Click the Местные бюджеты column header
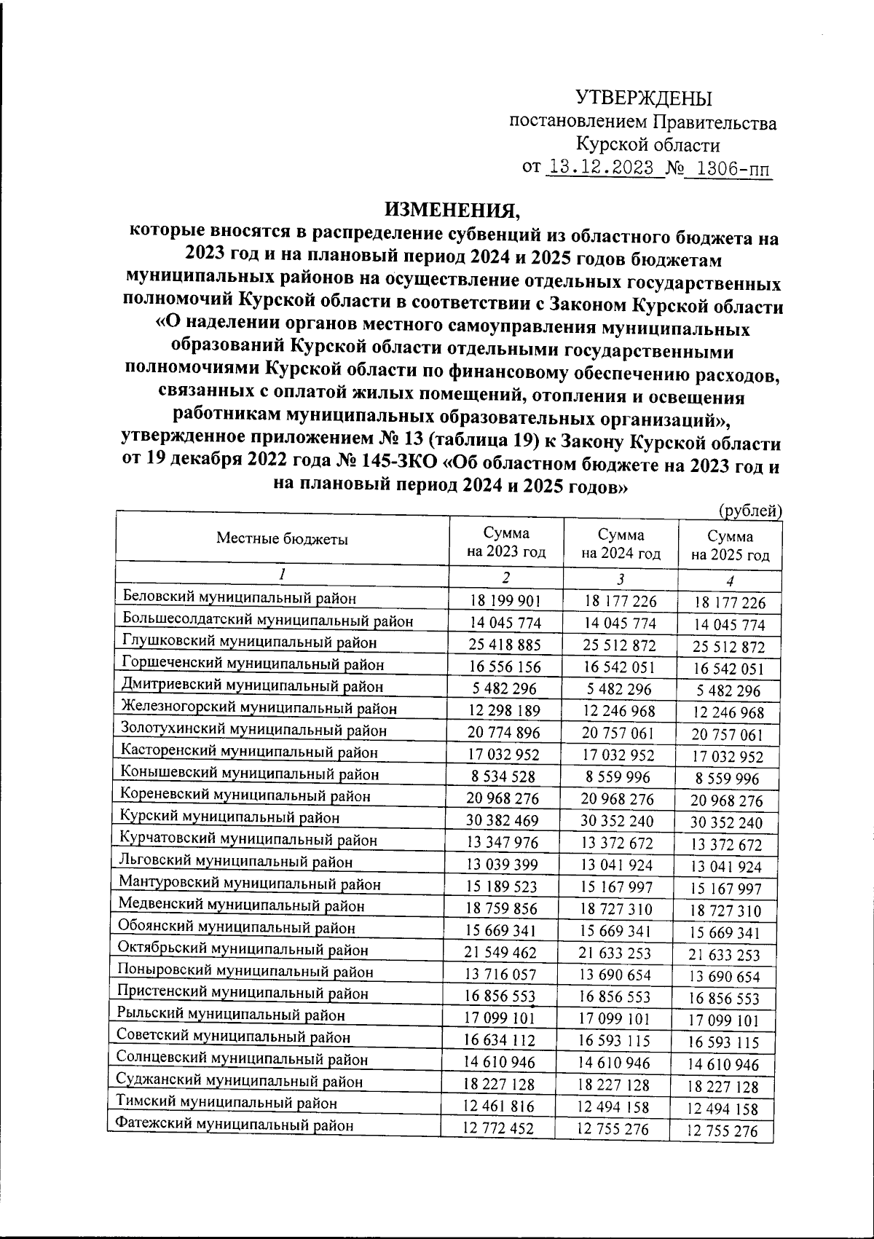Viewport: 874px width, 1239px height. pyautogui.click(x=282, y=539)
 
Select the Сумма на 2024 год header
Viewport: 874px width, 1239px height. pyautogui.click(x=621, y=543)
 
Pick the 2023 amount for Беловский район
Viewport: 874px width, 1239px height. pyautogui.click(x=505, y=602)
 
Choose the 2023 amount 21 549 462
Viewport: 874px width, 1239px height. pyautogui.click(x=501, y=953)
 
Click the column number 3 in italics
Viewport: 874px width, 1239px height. pyautogui.click(x=620, y=580)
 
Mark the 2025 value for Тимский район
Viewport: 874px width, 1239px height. pyautogui.click(x=728, y=1109)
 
